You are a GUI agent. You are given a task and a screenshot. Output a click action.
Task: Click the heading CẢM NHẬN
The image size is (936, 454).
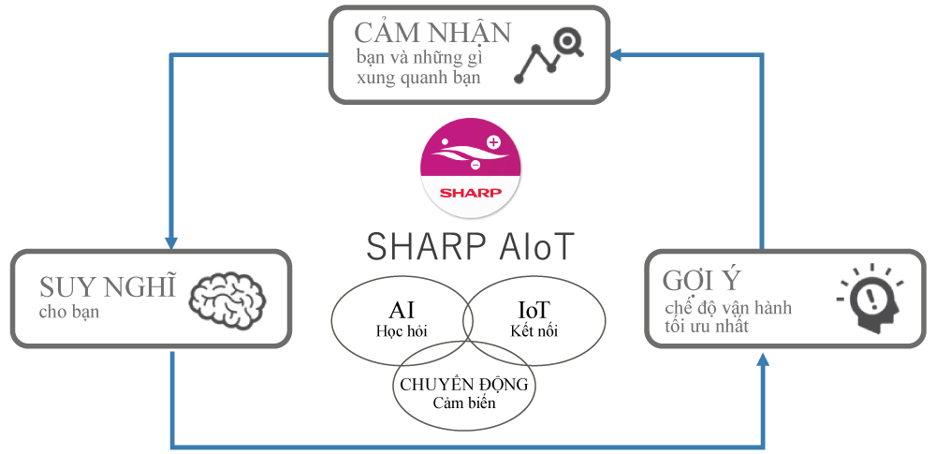pyautogui.click(x=431, y=33)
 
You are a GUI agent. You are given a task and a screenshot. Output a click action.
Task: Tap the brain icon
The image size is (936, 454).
pyautogui.click(x=223, y=298)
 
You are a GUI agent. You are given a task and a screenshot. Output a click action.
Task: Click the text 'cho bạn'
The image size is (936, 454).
pyautogui.click(x=69, y=313)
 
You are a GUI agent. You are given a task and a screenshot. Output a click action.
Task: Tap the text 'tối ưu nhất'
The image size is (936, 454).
pyautogui.click(x=705, y=329)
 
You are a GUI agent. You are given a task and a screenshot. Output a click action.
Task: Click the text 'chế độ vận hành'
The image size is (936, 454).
pyautogui.click(x=729, y=309)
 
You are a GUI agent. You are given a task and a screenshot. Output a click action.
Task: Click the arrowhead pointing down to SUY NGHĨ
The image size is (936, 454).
pyautogui.click(x=173, y=242)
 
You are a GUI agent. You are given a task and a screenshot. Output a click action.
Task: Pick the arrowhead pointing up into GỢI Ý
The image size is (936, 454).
pyautogui.click(x=764, y=359)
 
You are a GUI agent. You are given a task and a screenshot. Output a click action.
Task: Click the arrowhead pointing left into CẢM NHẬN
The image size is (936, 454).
pyautogui.click(x=616, y=55)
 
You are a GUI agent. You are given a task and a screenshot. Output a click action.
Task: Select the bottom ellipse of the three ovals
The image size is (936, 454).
pyautogui.click(x=464, y=385)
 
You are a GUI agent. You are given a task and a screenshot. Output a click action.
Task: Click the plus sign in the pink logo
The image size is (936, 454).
pyautogui.click(x=494, y=142)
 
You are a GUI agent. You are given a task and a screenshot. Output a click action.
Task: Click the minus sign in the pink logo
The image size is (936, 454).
pyautogui.click(x=475, y=165)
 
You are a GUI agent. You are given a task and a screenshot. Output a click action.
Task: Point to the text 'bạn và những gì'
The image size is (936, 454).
pyautogui.click(x=417, y=57)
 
